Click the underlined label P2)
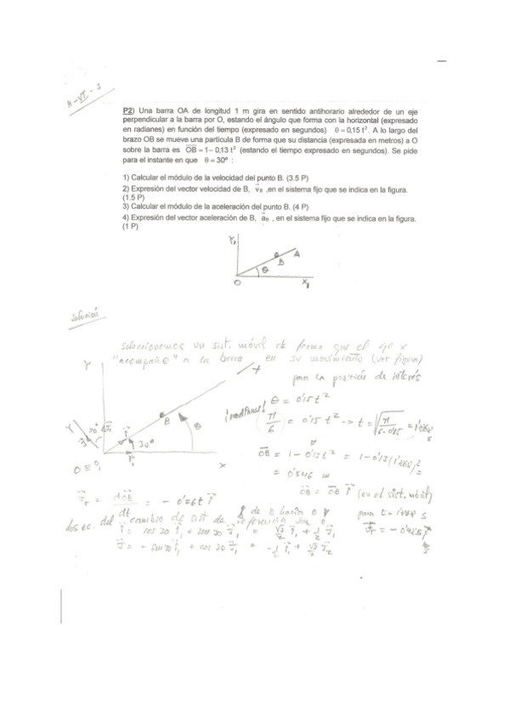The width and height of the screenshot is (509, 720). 129,111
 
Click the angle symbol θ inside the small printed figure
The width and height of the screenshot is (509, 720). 263,268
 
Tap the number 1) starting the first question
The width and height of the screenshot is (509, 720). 127,175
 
